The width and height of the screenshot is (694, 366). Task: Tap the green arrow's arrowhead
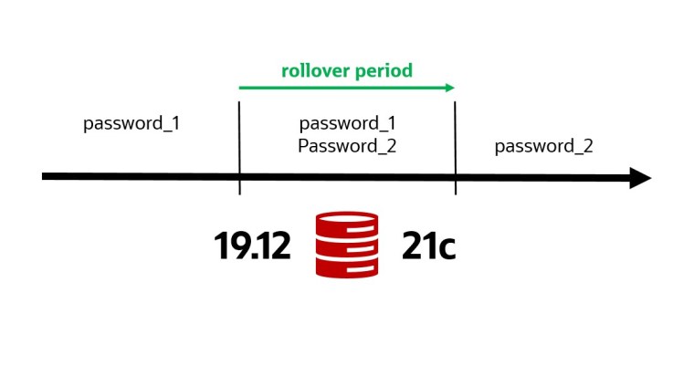tap(449, 88)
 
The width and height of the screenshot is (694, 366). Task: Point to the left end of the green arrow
tap(241, 88)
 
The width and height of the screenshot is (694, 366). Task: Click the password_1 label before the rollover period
tap(131, 123)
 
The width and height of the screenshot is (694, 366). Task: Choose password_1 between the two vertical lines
tap(347, 123)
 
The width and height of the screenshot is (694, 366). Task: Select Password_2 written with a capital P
tap(347, 145)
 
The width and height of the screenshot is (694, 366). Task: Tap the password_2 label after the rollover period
tap(544, 146)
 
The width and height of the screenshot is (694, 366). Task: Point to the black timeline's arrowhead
tap(640, 177)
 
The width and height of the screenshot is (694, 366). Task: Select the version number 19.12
tap(252, 246)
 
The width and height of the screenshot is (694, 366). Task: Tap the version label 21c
tap(428, 246)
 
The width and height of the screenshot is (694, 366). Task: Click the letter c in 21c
tap(445, 248)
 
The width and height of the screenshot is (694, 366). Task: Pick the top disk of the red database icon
tap(346, 223)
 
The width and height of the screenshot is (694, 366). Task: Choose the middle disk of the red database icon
tap(346, 245)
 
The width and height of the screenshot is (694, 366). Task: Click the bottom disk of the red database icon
tap(346, 266)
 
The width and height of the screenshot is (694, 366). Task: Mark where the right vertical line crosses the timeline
tap(456, 176)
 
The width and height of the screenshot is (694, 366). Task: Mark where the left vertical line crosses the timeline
tap(239, 176)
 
